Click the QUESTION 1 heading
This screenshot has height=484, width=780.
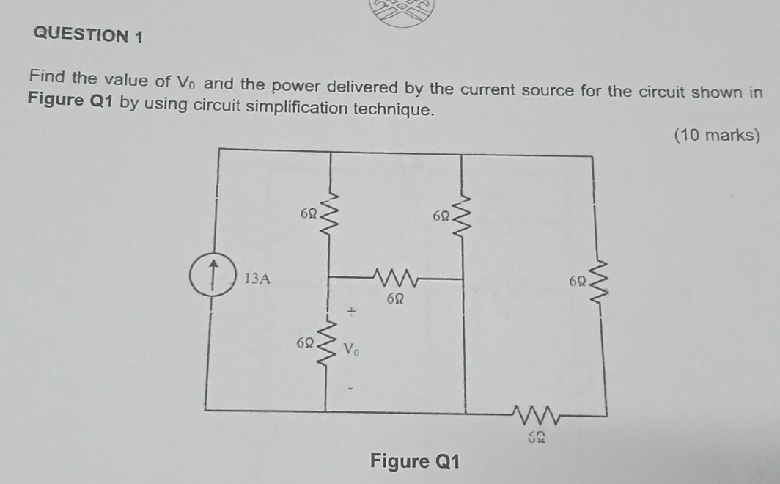[x=89, y=35]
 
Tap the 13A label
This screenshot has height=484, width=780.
[x=257, y=279]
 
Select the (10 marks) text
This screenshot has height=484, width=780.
[x=716, y=135]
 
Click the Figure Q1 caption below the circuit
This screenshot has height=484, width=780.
[x=415, y=461]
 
